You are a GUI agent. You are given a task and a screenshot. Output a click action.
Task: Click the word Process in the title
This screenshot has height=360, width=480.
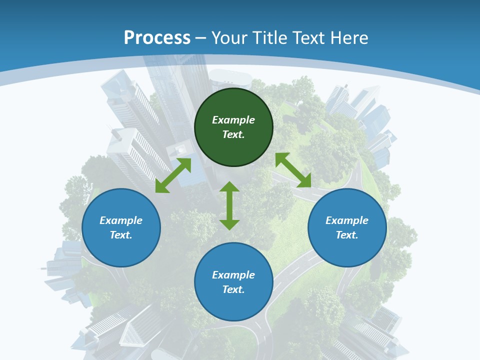tap(157, 37)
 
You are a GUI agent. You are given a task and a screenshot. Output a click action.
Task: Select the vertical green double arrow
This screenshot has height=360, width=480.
tap(229, 206)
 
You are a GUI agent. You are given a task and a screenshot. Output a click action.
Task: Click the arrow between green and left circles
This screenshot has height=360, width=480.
tap(173, 175)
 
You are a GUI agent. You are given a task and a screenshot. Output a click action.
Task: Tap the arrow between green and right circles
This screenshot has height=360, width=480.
tap(293, 170)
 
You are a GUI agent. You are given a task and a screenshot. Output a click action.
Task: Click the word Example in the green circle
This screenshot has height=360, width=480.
tap(233, 120)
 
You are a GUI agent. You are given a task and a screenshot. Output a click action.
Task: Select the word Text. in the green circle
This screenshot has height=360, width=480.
tap(233, 134)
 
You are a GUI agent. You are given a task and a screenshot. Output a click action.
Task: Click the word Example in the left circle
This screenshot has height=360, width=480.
tap(121, 220)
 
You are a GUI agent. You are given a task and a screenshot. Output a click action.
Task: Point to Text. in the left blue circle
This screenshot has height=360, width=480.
tap(121, 235)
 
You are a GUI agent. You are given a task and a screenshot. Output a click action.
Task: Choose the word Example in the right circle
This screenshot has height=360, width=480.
tap(347, 220)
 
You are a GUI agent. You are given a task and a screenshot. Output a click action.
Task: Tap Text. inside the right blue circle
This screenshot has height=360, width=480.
tap(347, 235)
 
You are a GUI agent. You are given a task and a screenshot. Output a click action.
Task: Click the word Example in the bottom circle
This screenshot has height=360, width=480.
tap(233, 275)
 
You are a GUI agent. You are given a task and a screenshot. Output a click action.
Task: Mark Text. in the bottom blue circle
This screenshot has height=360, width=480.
tap(233, 289)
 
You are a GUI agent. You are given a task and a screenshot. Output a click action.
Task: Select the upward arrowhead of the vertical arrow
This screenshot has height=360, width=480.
tap(229, 186)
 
